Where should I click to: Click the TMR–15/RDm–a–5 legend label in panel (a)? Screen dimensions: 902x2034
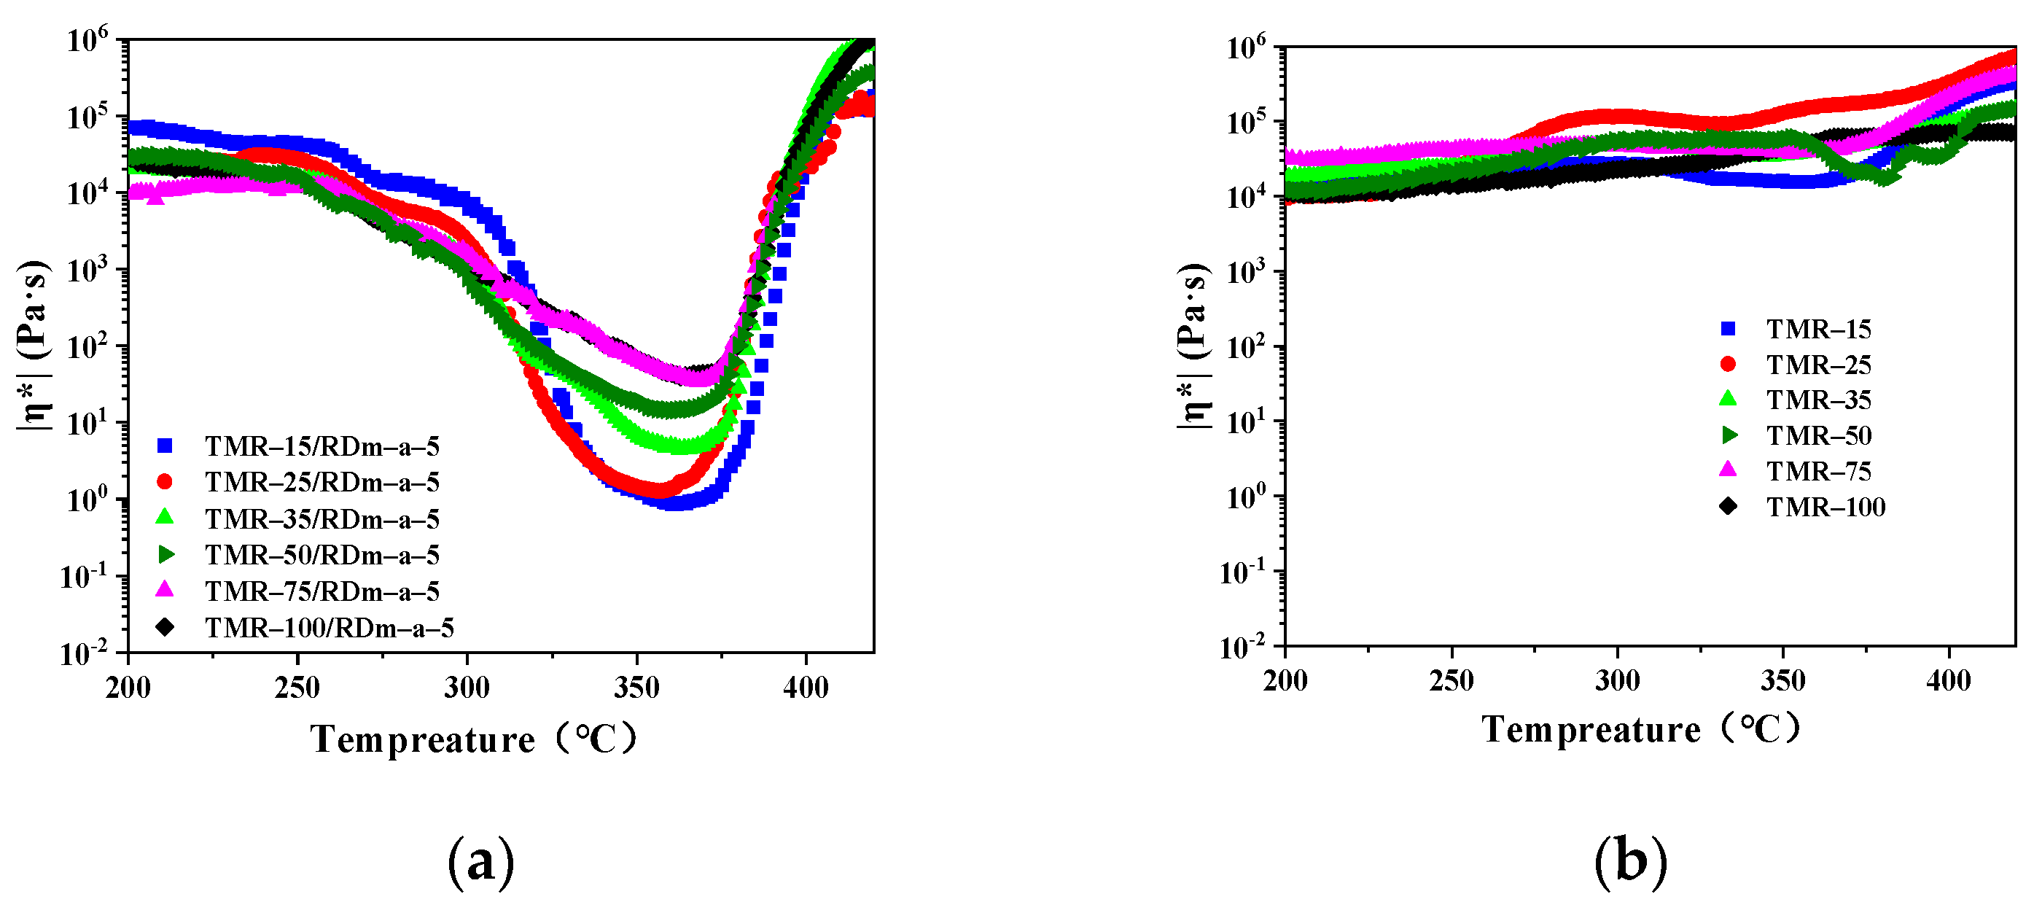point(322,446)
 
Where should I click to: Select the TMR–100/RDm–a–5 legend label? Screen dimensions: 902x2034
point(330,628)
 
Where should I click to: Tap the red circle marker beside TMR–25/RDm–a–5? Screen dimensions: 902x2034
point(165,482)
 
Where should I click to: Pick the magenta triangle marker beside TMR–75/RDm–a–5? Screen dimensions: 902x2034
point(165,590)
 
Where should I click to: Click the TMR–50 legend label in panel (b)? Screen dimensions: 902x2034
point(1818,435)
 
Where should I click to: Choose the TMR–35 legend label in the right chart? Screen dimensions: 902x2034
point(1818,400)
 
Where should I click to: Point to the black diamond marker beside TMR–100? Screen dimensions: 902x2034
point(1728,505)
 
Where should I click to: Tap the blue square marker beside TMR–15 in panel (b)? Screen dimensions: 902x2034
point(1728,329)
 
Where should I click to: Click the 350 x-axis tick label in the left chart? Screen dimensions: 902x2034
point(636,687)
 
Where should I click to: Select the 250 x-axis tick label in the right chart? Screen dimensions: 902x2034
point(1452,680)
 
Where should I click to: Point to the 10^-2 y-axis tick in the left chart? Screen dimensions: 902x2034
point(85,653)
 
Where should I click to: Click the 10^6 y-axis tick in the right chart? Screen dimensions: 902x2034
point(1245,47)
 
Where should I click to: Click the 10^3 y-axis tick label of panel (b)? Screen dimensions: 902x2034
point(1245,272)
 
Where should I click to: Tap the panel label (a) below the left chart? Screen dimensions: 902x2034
point(481,862)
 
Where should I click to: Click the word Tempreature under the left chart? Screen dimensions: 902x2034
point(422,739)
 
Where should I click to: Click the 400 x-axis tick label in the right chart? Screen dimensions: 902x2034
point(1948,680)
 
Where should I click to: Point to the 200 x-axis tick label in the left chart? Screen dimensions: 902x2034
point(128,687)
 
